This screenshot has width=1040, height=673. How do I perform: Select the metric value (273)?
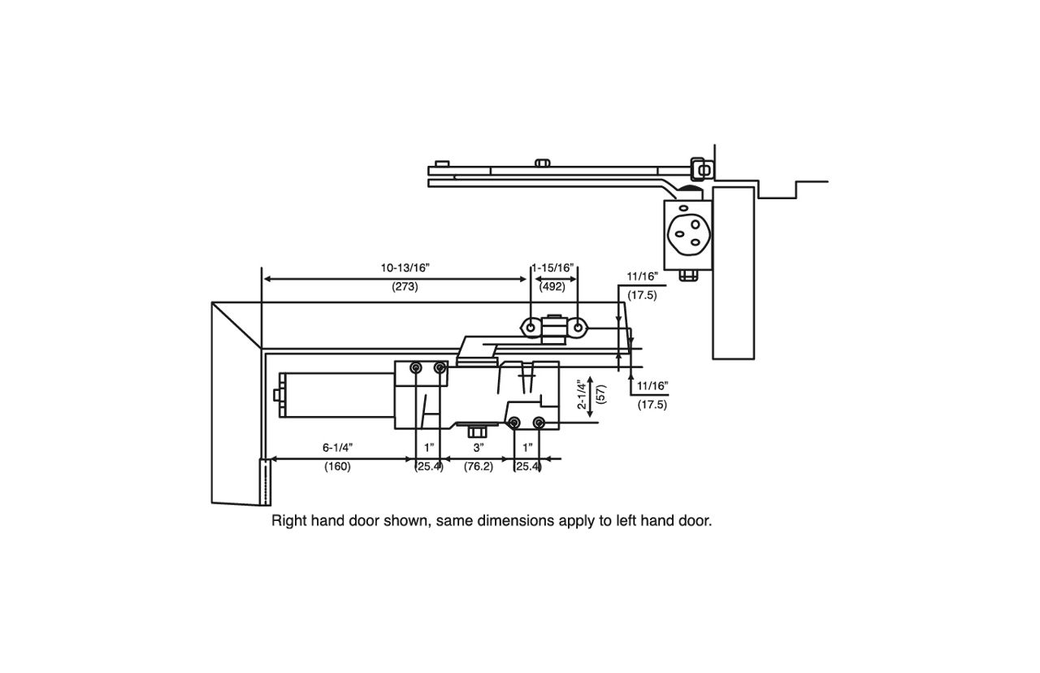click(405, 287)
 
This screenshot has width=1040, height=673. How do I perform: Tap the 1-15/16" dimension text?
click(553, 267)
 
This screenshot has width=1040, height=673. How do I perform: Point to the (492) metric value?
click(552, 287)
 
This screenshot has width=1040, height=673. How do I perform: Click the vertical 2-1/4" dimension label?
click(581, 395)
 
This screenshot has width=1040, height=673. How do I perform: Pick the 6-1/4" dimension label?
click(337, 448)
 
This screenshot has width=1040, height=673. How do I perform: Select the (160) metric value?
click(337, 467)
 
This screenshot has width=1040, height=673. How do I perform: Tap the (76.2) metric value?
click(478, 467)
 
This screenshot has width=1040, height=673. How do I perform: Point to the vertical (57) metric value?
click(600, 395)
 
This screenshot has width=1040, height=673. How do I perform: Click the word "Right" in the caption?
click(289, 521)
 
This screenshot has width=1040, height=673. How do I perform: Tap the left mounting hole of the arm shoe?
click(531, 328)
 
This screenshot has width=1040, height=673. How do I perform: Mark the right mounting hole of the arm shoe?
click(578, 328)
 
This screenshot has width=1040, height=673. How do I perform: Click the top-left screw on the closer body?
click(416, 368)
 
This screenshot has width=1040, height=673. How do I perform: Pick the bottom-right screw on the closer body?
click(538, 422)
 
